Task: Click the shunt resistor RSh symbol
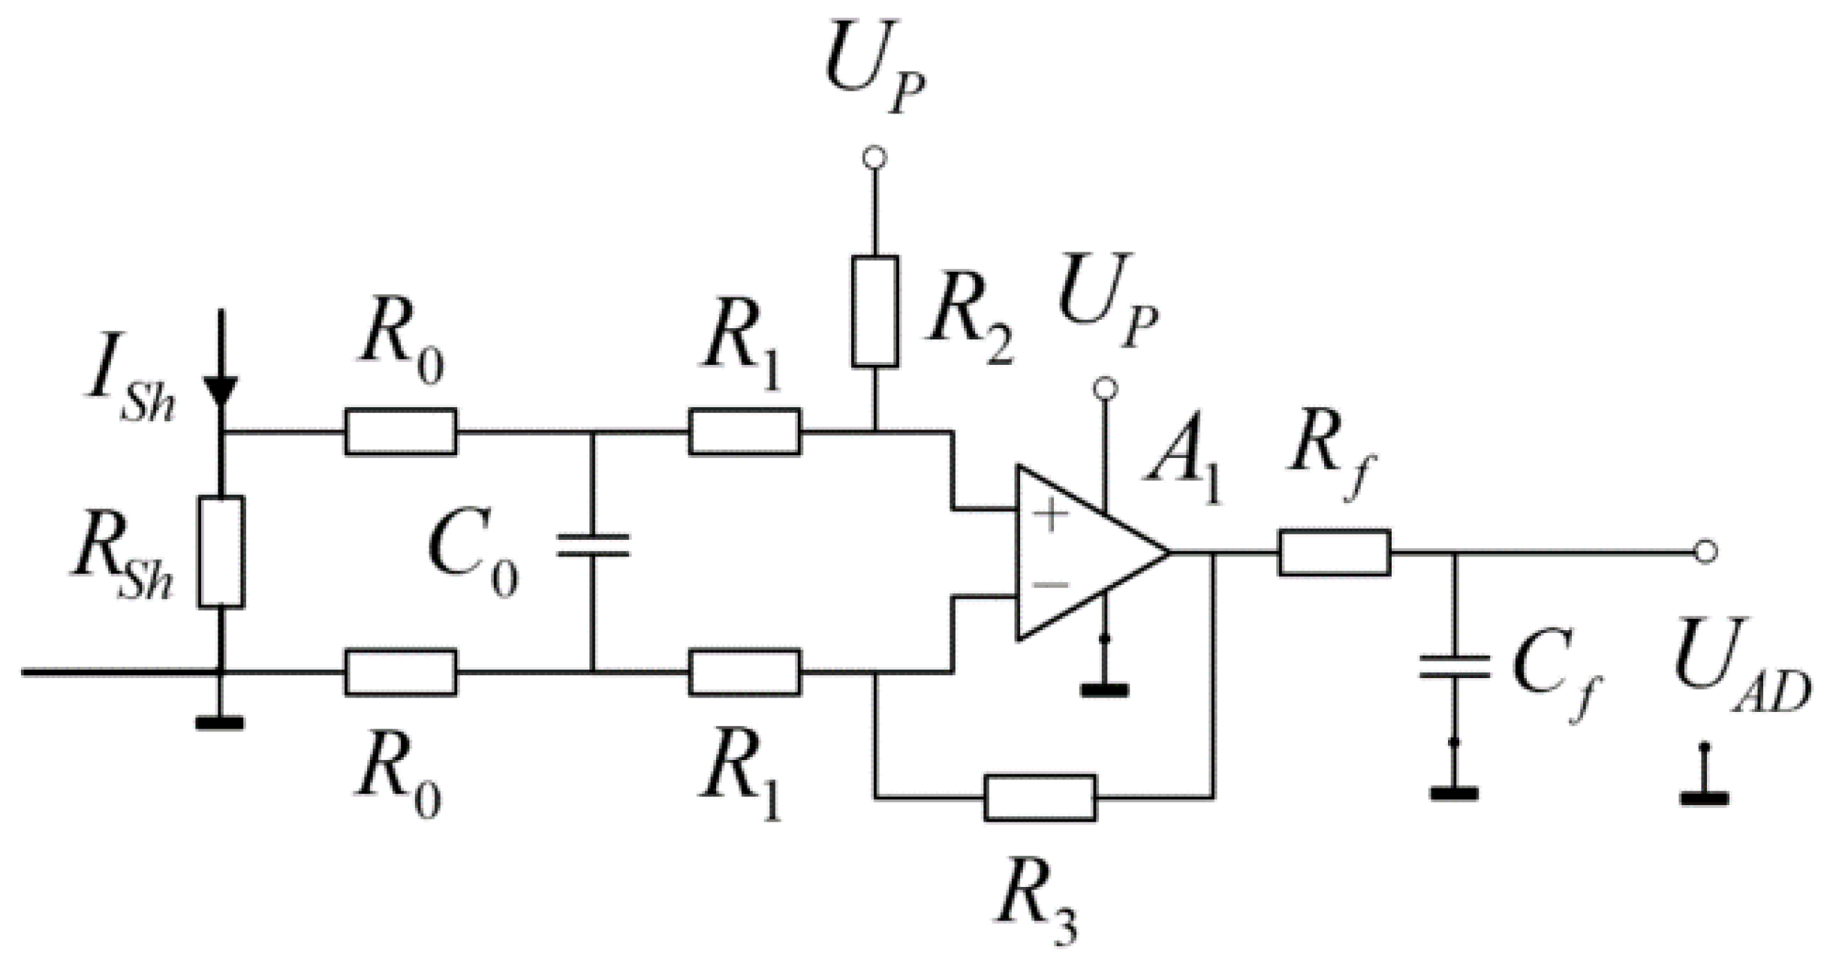point(221,551)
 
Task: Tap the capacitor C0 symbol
point(592,546)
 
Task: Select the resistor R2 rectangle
point(874,311)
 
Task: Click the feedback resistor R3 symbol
point(1040,798)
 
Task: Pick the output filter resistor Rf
point(1334,553)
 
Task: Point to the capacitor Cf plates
point(1454,667)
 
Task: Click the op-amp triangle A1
point(1081,553)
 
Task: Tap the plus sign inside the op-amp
point(1050,515)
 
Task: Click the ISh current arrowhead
point(221,391)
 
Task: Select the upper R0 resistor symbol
point(400,432)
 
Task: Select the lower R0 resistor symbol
point(400,672)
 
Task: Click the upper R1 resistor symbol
point(744,432)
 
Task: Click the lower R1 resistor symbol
point(744,672)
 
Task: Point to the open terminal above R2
point(874,158)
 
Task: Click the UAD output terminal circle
point(1706,552)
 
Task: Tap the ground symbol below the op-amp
point(1104,689)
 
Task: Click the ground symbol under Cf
point(1454,794)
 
